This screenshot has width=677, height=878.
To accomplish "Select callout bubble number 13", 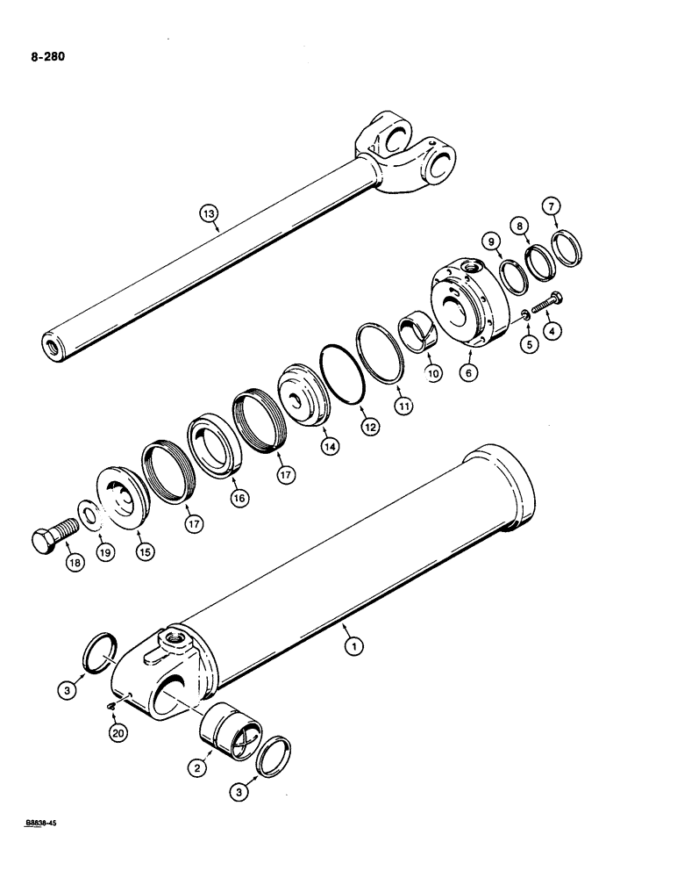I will pyautogui.click(x=208, y=214).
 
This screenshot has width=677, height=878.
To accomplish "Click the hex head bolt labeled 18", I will pyautogui.click(x=47, y=536).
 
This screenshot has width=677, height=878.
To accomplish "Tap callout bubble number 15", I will pyautogui.click(x=142, y=551).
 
